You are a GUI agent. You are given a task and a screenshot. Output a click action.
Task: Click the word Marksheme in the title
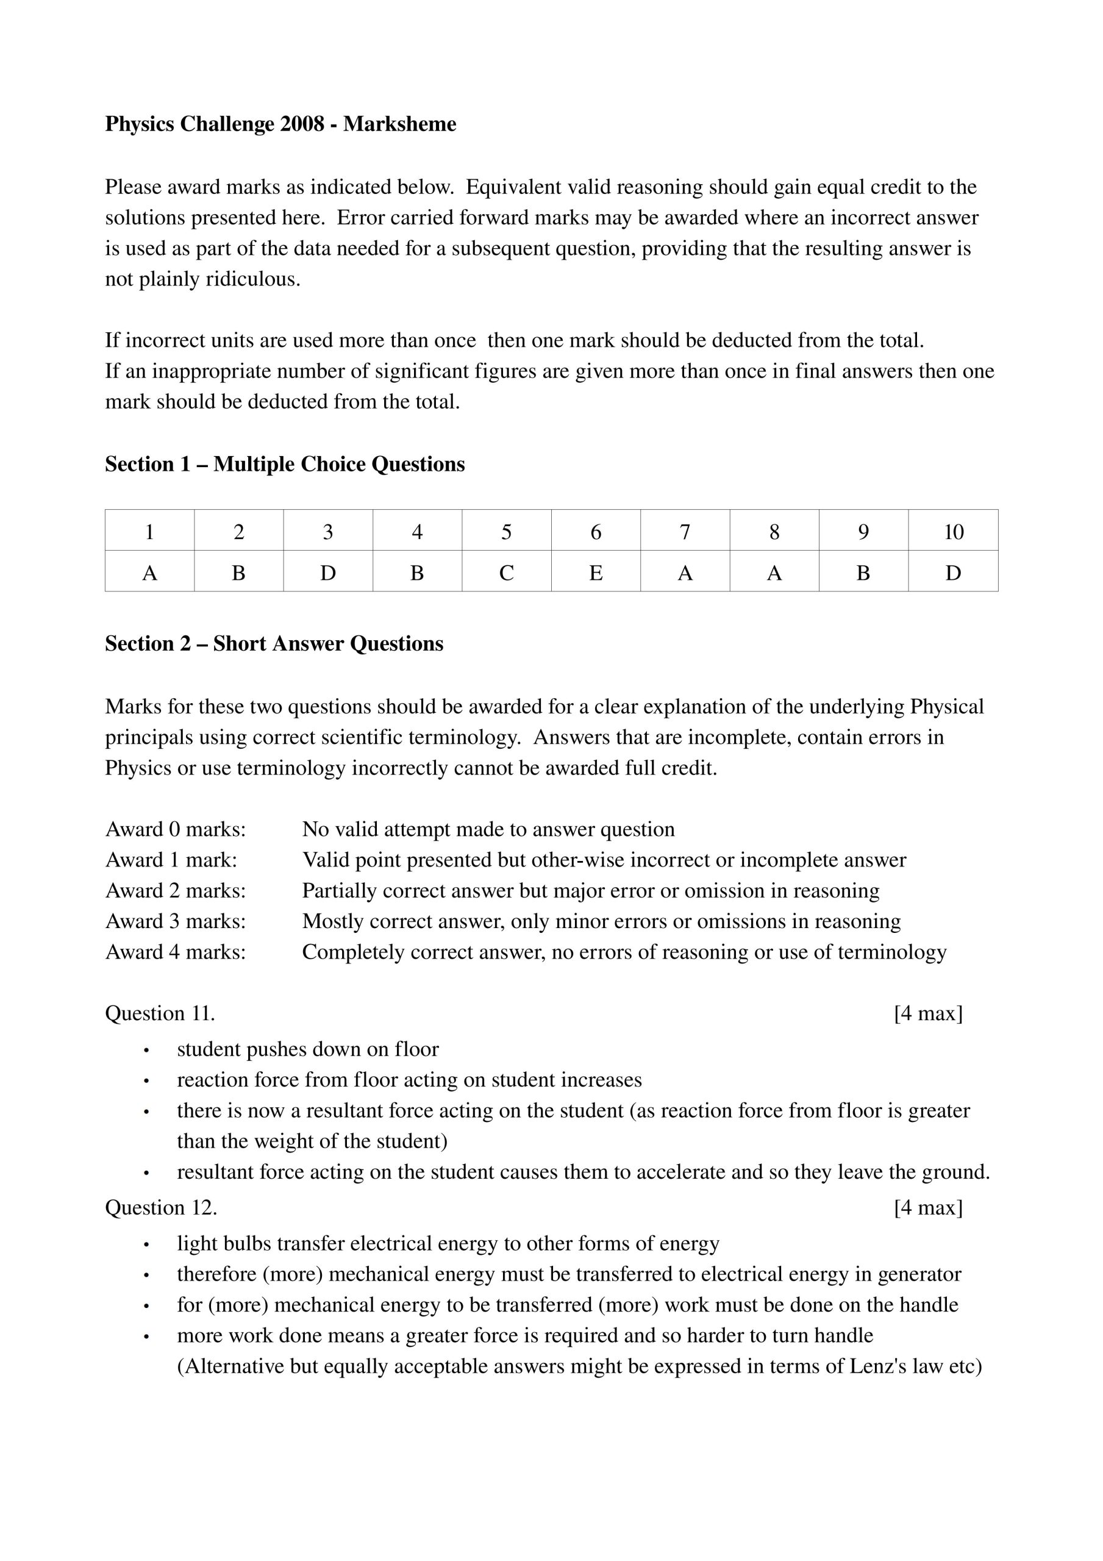click(399, 124)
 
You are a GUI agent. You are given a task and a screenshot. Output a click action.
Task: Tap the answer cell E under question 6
click(596, 573)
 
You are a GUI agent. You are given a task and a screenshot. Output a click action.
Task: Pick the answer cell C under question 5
click(507, 573)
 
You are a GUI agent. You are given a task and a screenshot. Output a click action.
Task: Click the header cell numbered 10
click(954, 532)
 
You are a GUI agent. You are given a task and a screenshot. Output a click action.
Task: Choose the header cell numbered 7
click(685, 532)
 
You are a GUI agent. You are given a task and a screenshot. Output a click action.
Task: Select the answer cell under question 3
click(328, 573)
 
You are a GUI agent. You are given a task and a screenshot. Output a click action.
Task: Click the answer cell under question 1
click(149, 573)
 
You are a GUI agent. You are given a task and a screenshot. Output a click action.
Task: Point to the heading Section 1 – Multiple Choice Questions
click(285, 465)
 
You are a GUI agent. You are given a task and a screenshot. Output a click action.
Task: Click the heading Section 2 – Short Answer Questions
click(274, 644)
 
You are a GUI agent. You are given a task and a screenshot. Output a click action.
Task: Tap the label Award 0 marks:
click(176, 829)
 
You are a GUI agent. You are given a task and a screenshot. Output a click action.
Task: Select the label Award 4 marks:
click(176, 952)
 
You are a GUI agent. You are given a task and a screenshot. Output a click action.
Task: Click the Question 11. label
click(160, 1013)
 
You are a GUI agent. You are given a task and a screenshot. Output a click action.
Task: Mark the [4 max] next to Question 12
click(928, 1208)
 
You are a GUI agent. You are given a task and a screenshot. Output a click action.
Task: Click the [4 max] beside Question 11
click(928, 1013)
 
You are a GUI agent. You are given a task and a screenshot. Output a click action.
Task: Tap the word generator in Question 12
click(919, 1274)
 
